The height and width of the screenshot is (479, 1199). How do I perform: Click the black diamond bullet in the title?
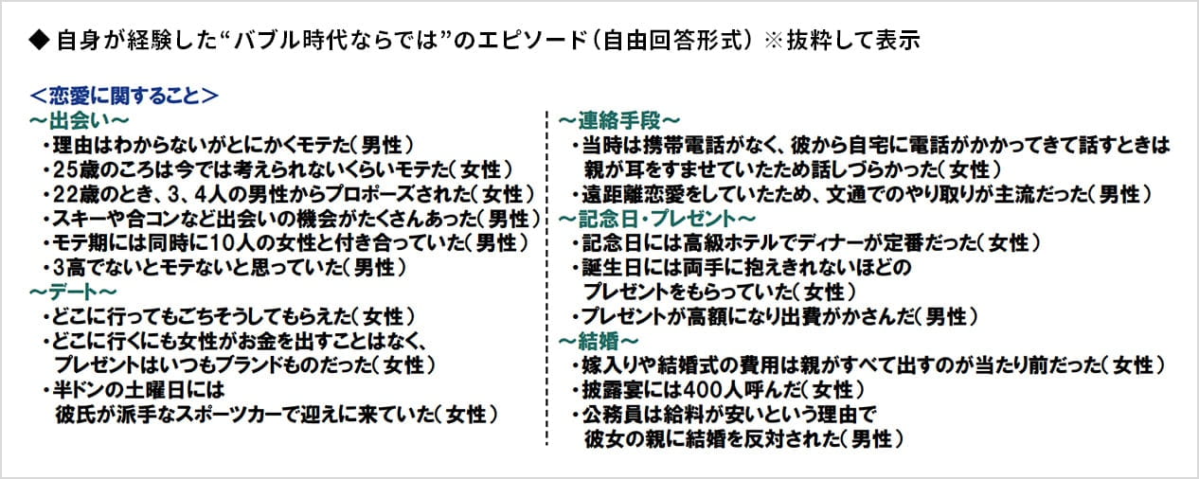click(39, 41)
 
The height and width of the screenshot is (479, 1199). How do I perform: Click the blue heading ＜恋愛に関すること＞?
click(124, 96)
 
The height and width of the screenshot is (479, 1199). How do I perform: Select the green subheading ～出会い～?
click(80, 120)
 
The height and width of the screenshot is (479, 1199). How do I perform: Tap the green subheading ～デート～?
click(73, 293)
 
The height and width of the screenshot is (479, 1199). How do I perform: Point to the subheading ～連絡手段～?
click(619, 120)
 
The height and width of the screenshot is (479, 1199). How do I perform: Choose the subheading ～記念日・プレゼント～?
click(656, 219)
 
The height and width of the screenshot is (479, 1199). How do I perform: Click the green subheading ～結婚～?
click(599, 341)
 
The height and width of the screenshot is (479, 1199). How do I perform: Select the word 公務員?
click(607, 415)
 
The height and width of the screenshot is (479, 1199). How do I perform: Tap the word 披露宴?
click(607, 390)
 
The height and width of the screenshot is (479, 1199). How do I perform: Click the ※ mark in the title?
click(774, 41)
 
